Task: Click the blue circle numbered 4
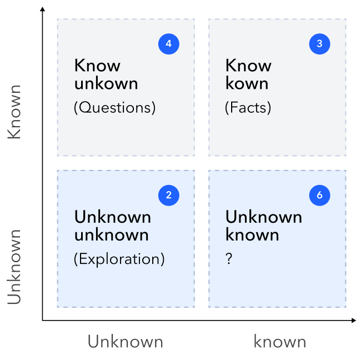pos(169,44)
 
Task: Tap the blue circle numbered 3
pos(319,44)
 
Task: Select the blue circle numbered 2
pos(169,195)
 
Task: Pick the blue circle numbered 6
pos(319,195)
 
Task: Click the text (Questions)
pos(114,107)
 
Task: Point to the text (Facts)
pos(248,107)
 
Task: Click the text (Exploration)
pos(119,259)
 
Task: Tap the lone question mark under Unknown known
pos(229,258)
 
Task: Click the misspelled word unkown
pos(106,83)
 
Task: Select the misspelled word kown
pos(247,83)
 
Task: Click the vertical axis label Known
pos(14,112)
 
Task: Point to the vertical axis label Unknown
pos(14,267)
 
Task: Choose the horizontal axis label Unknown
pos(126,342)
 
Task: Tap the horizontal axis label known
pos(280,342)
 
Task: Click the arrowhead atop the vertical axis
pos(42,9)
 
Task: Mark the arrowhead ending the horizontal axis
pos(354,321)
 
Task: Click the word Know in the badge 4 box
pos(97,66)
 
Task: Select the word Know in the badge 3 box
pos(248,66)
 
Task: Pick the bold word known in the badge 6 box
pos(252,234)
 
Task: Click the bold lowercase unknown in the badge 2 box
pos(112,235)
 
